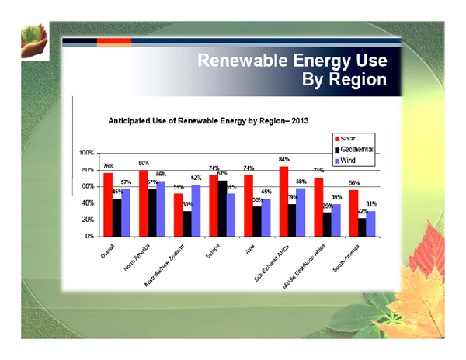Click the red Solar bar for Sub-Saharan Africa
click(284, 201)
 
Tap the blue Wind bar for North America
click(161, 208)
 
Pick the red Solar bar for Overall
click(108, 204)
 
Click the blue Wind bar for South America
click(371, 223)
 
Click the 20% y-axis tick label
click(88, 220)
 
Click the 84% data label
click(284, 159)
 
